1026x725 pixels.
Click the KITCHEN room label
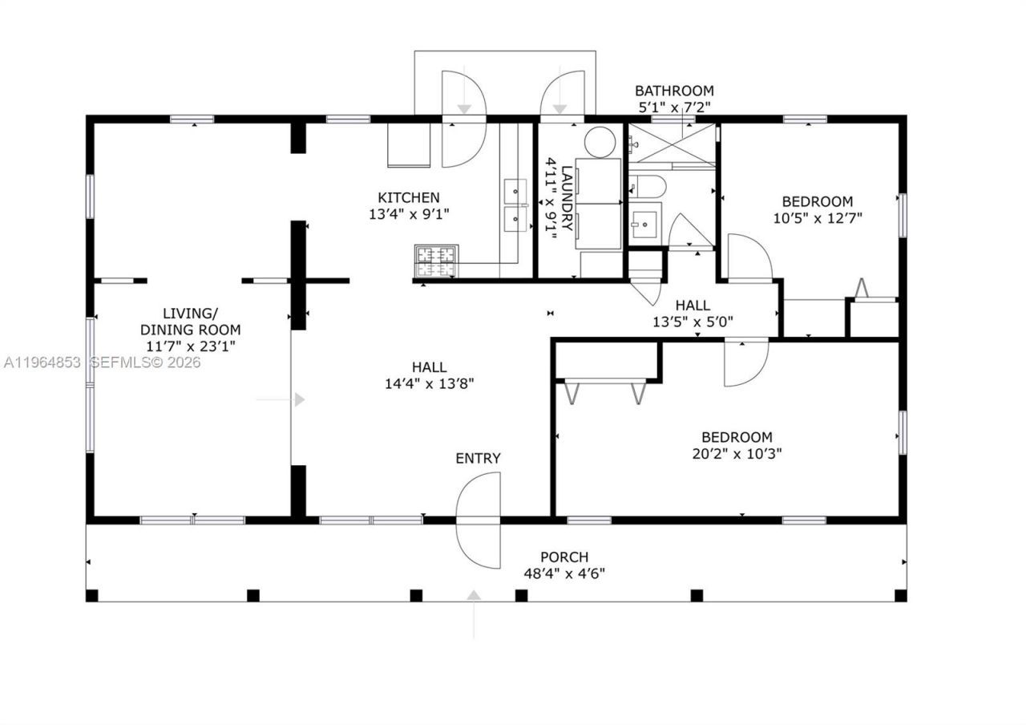(x=408, y=197)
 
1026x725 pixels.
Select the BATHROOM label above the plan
(x=673, y=91)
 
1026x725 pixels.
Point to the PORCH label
(x=563, y=557)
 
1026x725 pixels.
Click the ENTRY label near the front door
(x=478, y=458)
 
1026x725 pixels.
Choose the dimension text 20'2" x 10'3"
(x=737, y=453)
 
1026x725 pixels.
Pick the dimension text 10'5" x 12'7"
(x=818, y=217)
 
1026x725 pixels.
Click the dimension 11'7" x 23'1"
(x=190, y=346)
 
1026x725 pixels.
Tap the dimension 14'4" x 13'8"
(x=430, y=383)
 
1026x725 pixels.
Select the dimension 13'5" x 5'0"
(x=693, y=322)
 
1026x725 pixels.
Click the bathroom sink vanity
(x=644, y=222)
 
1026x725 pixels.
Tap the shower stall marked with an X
(x=672, y=146)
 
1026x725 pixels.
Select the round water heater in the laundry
(x=599, y=143)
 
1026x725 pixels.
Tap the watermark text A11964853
(x=41, y=362)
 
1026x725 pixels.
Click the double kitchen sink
(x=515, y=205)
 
